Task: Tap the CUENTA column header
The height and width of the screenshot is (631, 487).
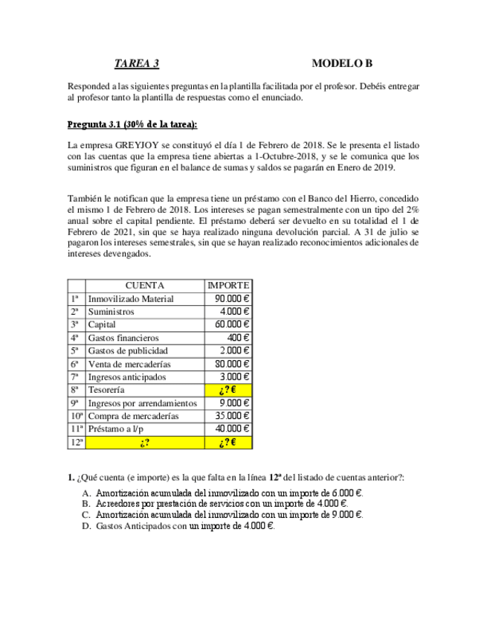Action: coord(145,285)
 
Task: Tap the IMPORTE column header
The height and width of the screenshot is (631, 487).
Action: coord(229,285)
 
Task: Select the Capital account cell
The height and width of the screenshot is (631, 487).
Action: coord(102,324)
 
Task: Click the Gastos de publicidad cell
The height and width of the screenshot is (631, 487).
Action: coord(128,350)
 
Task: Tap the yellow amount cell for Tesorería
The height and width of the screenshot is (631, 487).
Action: coord(229,390)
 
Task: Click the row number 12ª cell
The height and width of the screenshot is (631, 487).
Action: coord(76,442)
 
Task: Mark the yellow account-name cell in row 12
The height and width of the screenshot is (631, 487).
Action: coord(145,442)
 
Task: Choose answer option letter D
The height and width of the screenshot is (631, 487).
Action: coord(87,526)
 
